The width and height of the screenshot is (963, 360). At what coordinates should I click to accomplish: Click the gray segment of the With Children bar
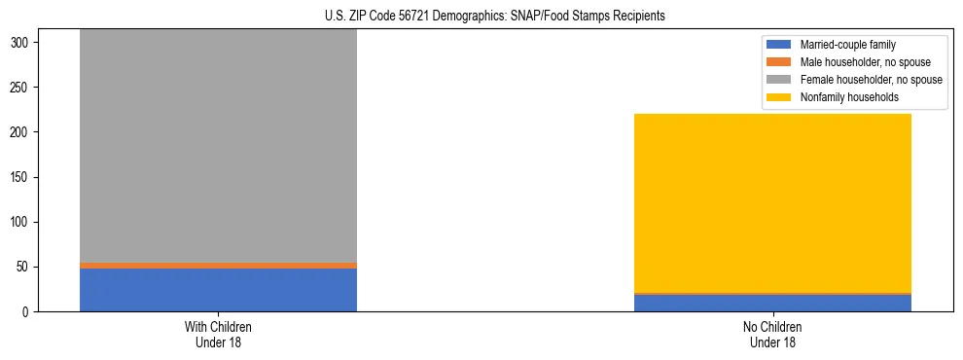[x=218, y=146]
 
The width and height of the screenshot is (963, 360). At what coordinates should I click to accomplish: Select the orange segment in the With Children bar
[x=218, y=265]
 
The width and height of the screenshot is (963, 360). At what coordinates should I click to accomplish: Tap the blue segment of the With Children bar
[x=218, y=290]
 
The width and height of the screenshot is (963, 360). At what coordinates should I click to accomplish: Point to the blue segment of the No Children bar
[x=772, y=303]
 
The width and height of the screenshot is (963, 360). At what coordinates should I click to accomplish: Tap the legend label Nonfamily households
[x=842, y=97]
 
